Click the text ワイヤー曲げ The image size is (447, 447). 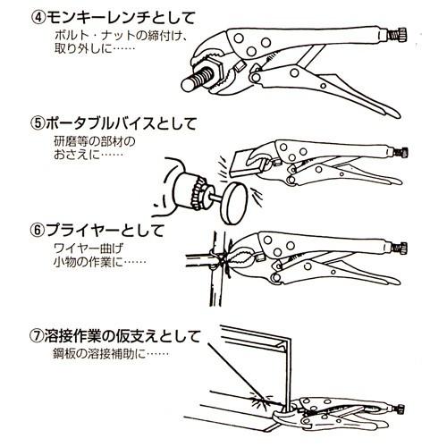pos(90,248)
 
